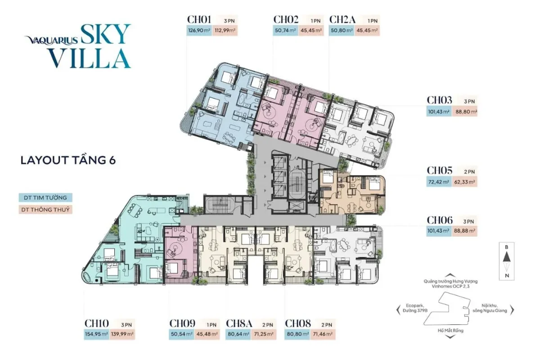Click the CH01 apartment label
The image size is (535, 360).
[199, 19]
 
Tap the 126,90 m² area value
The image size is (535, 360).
[199, 30]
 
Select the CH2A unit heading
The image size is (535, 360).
[342, 19]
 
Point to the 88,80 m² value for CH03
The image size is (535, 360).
[465, 112]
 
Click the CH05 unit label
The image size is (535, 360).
[440, 170]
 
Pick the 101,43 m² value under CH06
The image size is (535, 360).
[439, 231]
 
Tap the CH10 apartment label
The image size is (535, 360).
[97, 323]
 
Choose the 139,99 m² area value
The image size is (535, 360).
[122, 334]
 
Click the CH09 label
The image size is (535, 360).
[182, 323]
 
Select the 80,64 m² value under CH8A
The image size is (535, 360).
[238, 334]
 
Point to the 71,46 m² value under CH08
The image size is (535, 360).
[323, 334]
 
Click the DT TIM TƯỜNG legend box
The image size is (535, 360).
[45, 198]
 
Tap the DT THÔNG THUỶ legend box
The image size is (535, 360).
[45, 210]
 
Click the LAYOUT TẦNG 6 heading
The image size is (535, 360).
[68, 160]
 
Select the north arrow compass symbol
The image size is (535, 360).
[507, 261]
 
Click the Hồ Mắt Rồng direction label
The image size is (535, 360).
[450, 330]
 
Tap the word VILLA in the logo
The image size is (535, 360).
[89, 58]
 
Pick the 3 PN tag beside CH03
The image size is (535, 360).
[469, 101]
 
